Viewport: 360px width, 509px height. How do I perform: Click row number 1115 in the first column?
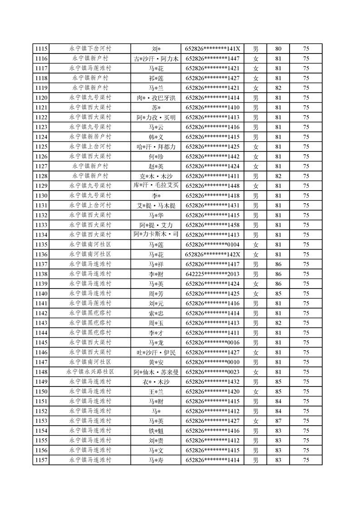[x=41, y=49]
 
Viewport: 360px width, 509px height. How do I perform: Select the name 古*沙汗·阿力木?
[x=156, y=59]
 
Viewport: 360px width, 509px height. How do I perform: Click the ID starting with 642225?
[x=212, y=274]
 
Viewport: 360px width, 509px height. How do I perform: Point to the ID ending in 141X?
[x=212, y=49]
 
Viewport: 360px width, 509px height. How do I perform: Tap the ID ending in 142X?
[x=212, y=254]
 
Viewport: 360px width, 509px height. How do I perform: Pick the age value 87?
[x=278, y=421]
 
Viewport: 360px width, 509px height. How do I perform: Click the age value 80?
[x=278, y=49]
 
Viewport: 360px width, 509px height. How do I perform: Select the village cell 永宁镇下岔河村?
[x=90, y=49]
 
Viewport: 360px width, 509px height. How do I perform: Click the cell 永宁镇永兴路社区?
[x=90, y=372]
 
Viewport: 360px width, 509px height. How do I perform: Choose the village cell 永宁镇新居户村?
[x=90, y=137]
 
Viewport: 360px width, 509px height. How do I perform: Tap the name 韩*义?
[x=156, y=137]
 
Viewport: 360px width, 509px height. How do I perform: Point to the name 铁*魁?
[x=156, y=431]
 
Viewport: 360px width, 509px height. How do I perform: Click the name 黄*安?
[x=156, y=362]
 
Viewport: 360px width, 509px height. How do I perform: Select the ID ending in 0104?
[x=212, y=245]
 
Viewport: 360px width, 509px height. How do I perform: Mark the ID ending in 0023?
[x=212, y=372]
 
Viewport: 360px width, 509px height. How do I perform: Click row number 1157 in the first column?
[x=41, y=460]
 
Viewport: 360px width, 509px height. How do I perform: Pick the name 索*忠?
[x=156, y=313]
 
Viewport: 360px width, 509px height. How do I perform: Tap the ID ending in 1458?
[x=212, y=225]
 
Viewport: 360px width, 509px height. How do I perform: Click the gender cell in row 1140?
[x=256, y=294]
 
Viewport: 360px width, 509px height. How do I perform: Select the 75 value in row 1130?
[x=306, y=196]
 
